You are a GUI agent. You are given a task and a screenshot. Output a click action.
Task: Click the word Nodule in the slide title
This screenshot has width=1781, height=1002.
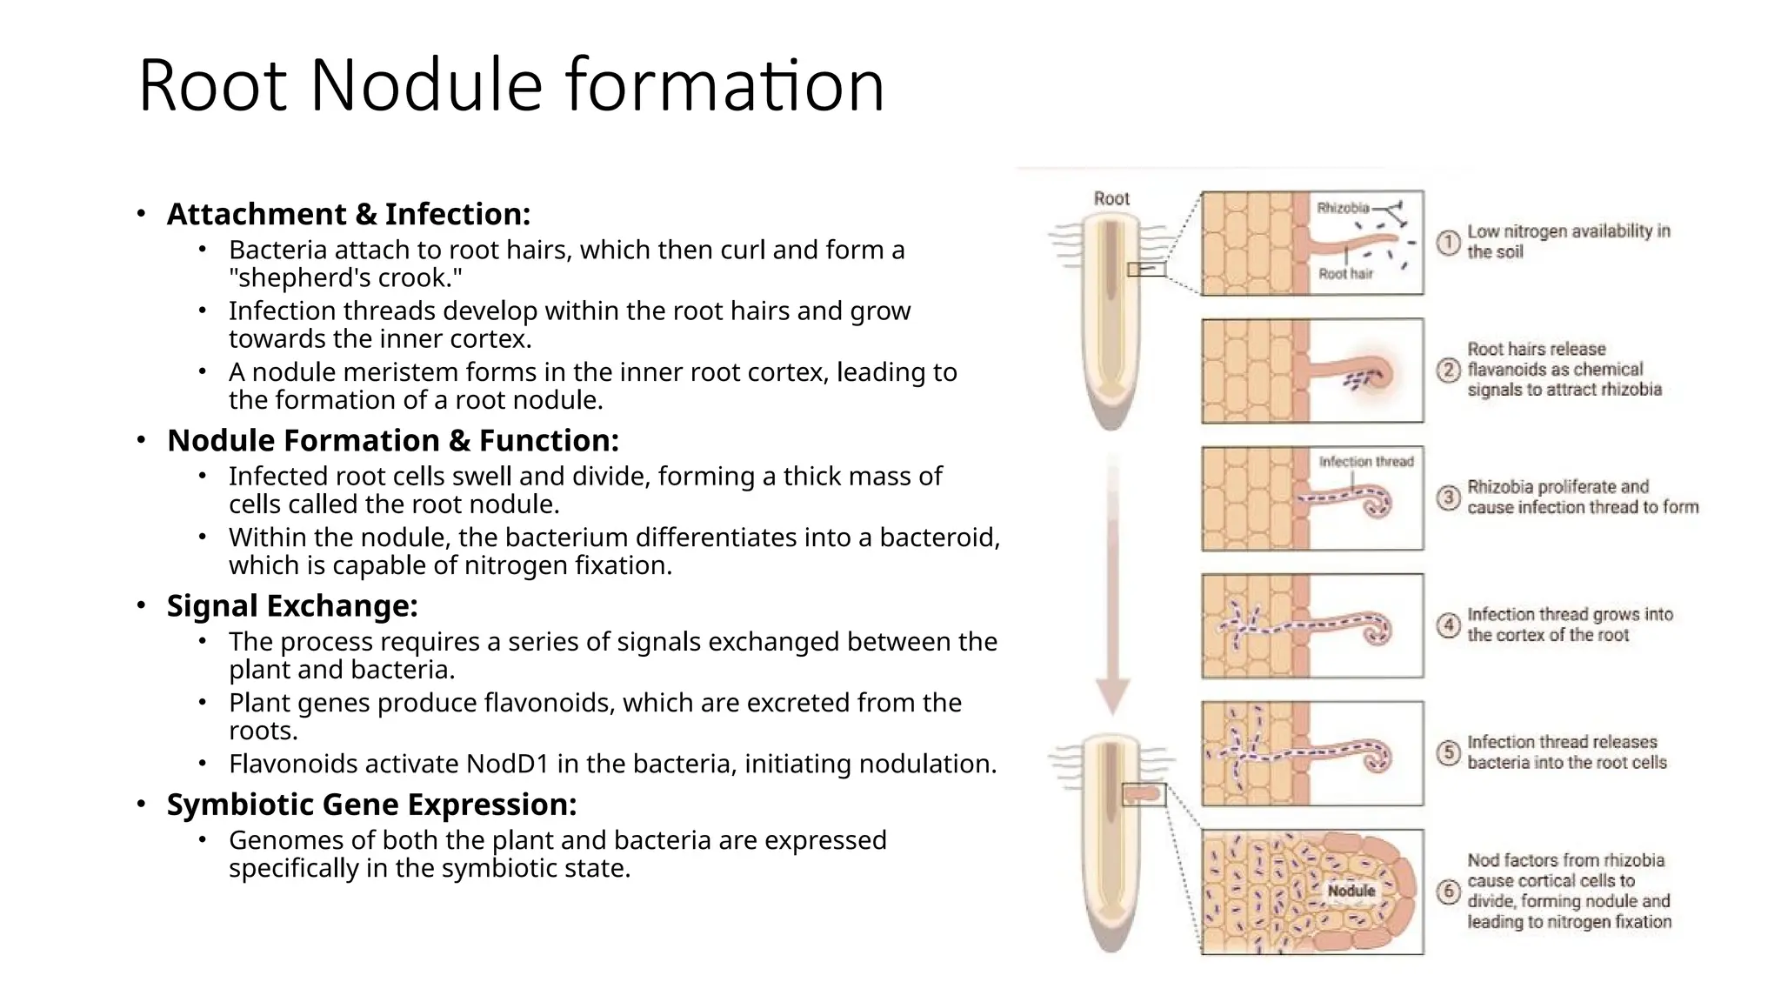pos(425,85)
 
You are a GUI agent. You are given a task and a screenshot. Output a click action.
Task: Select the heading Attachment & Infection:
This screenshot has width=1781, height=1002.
pos(348,214)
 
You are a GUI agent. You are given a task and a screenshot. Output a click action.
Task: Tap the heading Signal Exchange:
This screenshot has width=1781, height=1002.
pos(292,605)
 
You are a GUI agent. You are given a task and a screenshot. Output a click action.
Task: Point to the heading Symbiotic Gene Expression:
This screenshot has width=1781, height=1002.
pos(371,805)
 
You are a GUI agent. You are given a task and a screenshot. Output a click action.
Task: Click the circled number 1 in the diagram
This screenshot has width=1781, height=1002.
pos(1448,243)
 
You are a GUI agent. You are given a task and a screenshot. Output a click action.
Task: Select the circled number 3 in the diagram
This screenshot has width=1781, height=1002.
pos(1448,498)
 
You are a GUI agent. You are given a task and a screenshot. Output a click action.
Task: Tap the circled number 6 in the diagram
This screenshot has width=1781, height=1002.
pos(1448,892)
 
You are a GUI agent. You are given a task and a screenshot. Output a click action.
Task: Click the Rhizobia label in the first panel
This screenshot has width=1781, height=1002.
pos(1342,208)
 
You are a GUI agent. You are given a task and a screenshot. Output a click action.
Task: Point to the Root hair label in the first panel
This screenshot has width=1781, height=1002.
pos(1345,274)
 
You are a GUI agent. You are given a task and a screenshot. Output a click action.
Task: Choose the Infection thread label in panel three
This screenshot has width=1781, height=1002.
pos(1365,461)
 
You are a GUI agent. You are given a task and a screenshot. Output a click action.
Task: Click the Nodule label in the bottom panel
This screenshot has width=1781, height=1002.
pos(1351,891)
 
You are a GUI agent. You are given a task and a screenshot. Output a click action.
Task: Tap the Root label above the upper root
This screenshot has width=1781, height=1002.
pos(1111,198)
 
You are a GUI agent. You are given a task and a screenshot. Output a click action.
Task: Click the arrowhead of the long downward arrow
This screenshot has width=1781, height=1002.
pos(1112,696)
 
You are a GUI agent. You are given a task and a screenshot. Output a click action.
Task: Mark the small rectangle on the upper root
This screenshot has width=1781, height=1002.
pos(1146,270)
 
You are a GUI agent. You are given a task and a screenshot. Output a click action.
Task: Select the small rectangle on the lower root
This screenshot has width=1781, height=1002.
pos(1144,794)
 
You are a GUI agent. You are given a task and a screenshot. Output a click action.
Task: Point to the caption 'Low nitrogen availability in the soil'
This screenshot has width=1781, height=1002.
pos(1568,242)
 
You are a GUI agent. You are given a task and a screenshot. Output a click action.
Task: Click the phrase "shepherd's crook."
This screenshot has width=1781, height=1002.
pos(345,278)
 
